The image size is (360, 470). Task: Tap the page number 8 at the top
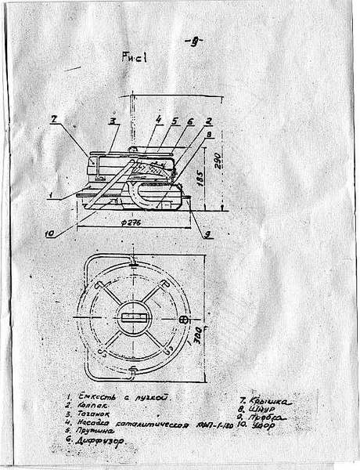pos(190,42)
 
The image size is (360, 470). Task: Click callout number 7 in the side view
pos(54,118)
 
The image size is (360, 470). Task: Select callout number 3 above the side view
pos(112,121)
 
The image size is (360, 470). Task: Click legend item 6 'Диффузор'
pos(101,441)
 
